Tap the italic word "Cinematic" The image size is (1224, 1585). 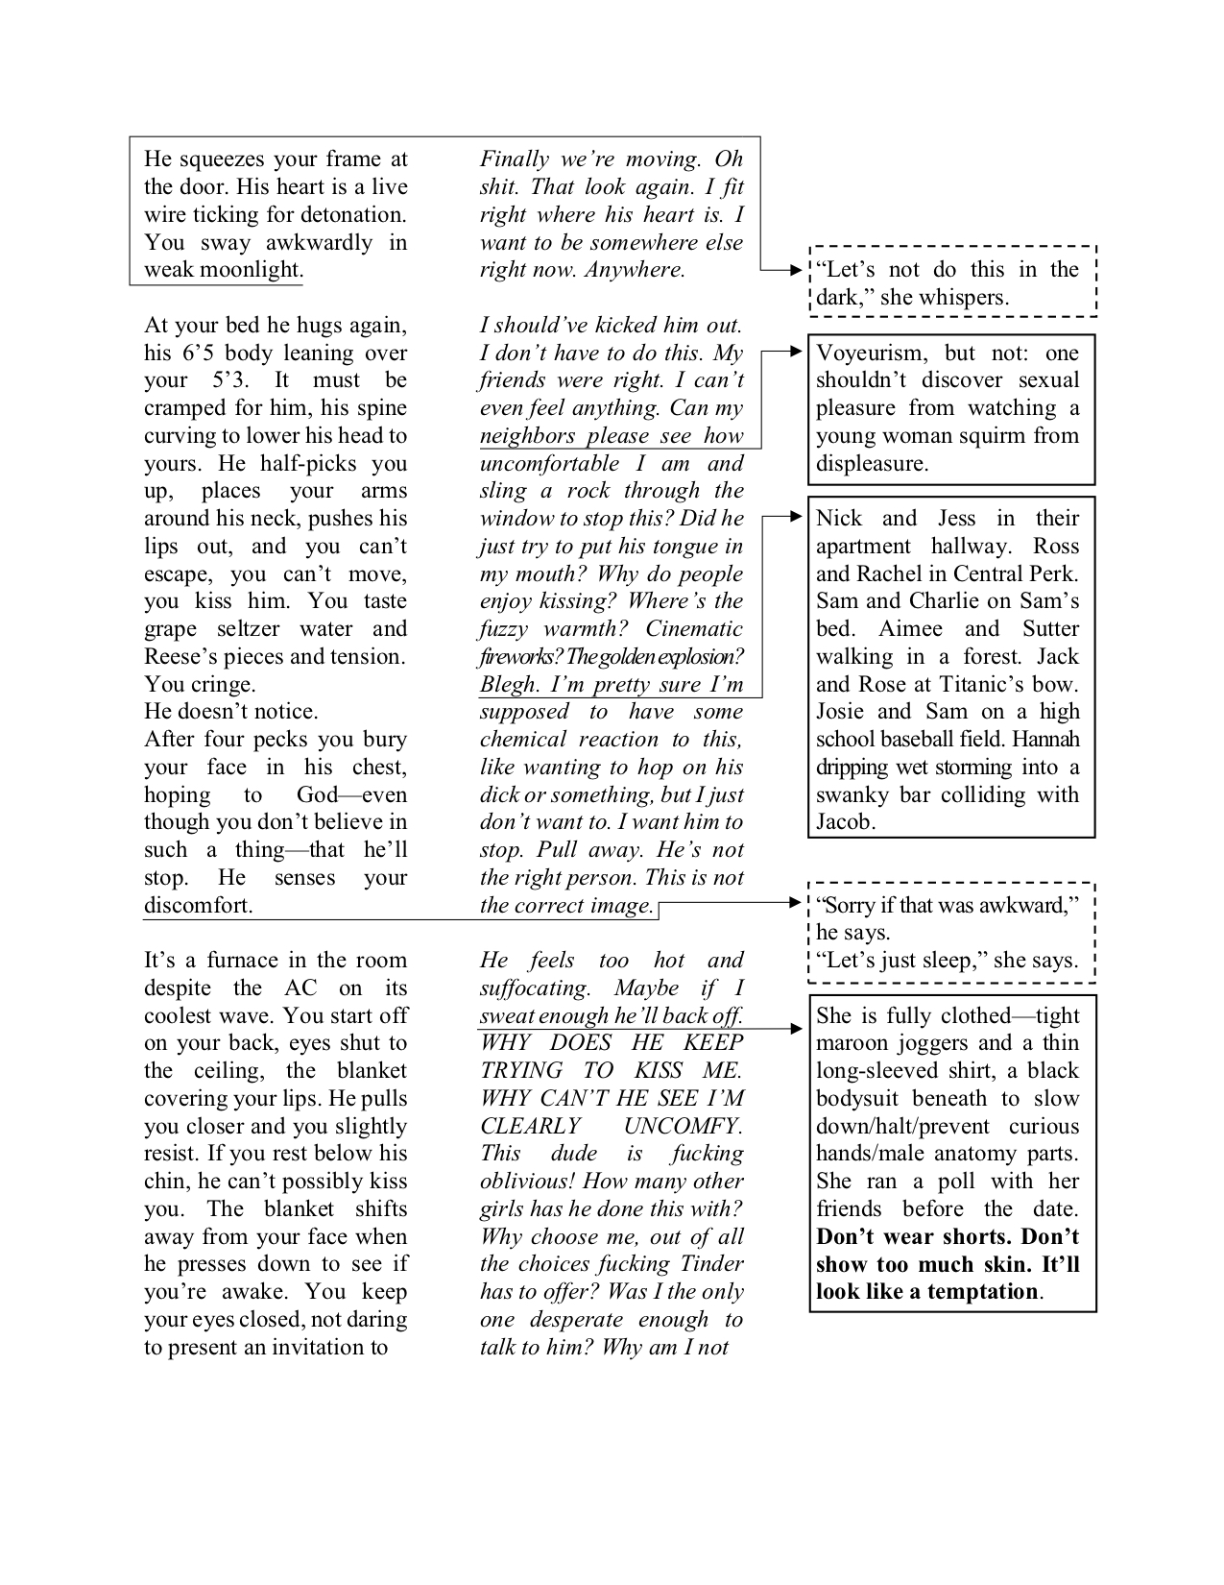click(x=693, y=629)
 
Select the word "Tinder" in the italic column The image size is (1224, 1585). click(x=709, y=1264)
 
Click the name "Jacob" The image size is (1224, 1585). click(x=844, y=822)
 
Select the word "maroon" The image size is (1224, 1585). click(x=848, y=1043)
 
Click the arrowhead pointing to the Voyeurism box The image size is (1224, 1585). click(x=796, y=353)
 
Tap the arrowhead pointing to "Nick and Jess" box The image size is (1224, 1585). click(x=796, y=518)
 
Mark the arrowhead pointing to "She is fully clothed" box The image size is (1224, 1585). click(x=796, y=1029)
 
